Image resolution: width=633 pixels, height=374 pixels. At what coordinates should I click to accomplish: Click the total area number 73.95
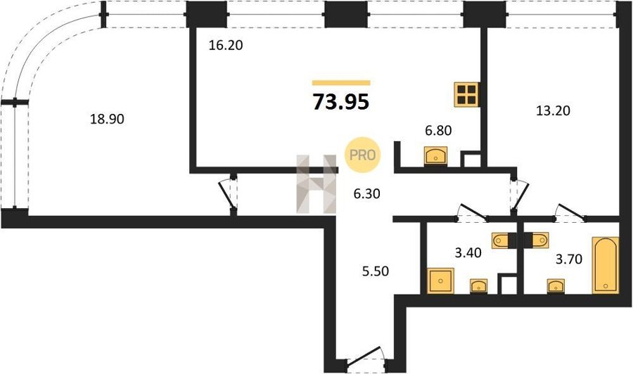click(x=341, y=102)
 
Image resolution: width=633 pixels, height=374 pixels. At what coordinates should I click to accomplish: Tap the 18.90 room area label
click(x=107, y=119)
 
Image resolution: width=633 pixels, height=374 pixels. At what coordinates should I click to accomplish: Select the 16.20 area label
click(x=226, y=45)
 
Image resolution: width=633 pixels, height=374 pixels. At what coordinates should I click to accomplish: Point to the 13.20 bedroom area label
click(x=553, y=110)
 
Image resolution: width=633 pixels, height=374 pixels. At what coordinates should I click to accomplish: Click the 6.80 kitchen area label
click(x=438, y=130)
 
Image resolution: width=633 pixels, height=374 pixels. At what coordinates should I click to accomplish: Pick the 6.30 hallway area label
click(x=366, y=194)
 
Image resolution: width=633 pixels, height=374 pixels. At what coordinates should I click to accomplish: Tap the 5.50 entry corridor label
click(x=376, y=271)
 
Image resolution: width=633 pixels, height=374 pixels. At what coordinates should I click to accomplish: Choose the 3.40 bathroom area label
click(x=468, y=253)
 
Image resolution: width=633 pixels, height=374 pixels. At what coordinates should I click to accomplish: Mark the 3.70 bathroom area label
click(x=569, y=259)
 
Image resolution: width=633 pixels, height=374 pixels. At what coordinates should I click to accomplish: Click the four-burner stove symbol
click(x=467, y=95)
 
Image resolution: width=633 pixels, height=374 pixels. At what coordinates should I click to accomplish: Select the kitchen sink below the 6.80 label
click(x=435, y=156)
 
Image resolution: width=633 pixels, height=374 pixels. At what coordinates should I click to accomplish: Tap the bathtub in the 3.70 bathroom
click(x=605, y=265)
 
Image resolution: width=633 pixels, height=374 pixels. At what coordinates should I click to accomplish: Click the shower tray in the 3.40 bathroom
click(x=440, y=280)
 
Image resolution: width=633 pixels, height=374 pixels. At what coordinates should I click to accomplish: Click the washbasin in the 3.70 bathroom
click(x=556, y=286)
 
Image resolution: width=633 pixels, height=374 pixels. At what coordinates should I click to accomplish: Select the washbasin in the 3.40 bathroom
click(x=479, y=286)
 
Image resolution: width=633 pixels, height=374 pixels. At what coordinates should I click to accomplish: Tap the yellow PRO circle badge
click(x=362, y=155)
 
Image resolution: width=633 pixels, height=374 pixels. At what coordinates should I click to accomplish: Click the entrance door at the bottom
click(x=366, y=357)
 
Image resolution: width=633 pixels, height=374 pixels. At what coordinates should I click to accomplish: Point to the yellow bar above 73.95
click(x=341, y=83)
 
